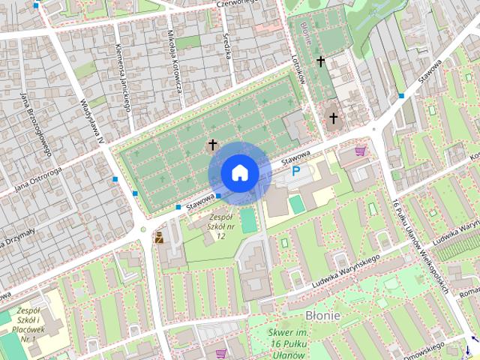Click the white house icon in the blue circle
coord(239,173)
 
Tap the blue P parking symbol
coord(296,172)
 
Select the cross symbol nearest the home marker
coord(212,145)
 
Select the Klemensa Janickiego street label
coord(122,76)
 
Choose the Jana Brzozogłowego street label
coord(35,123)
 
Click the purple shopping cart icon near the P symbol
coord(361,151)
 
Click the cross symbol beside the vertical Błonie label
coord(321,61)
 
